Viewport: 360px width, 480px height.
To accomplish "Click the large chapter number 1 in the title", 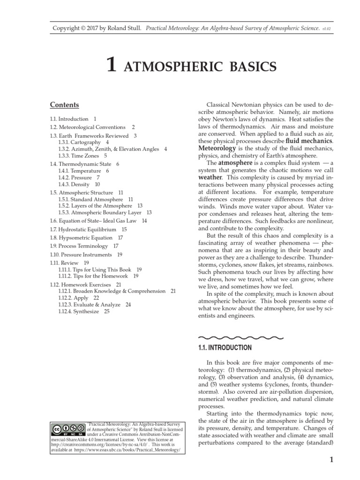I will point(111,65).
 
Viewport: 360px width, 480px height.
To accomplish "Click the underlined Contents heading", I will point(64,105).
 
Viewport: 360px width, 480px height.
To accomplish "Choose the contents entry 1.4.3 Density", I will point(75,185).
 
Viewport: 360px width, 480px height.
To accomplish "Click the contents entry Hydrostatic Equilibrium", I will point(84,229).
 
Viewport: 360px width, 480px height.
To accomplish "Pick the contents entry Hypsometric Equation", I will point(82,238).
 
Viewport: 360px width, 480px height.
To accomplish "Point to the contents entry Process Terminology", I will point(80,246).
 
